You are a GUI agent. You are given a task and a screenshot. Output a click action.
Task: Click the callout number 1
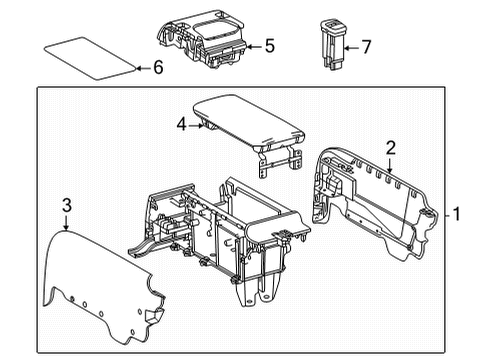[x=456, y=214]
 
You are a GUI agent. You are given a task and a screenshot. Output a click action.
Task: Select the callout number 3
[x=66, y=205]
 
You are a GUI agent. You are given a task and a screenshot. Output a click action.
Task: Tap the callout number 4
[x=181, y=125]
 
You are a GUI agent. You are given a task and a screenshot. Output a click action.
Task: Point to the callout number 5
[x=269, y=46]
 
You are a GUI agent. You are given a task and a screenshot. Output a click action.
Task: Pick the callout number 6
[x=156, y=67]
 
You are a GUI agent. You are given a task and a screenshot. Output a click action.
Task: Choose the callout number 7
[x=366, y=46]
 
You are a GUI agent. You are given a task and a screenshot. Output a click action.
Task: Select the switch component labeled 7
[x=330, y=43]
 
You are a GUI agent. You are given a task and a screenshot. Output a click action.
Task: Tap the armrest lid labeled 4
[x=245, y=121]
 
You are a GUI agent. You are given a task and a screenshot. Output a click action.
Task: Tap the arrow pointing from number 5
[x=254, y=46]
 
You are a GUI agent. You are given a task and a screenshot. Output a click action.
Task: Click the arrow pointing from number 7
[x=352, y=46]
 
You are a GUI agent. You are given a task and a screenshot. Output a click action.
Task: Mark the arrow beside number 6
[x=141, y=67]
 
